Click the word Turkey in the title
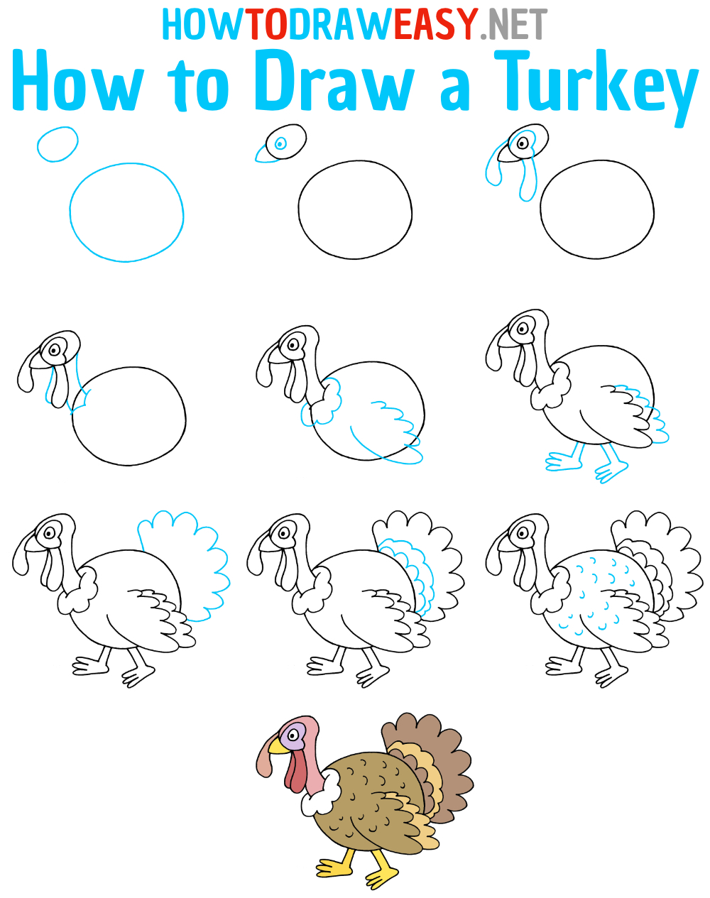click(596, 84)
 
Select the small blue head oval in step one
click(57, 144)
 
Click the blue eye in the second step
click(280, 143)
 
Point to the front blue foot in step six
click(564, 462)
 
